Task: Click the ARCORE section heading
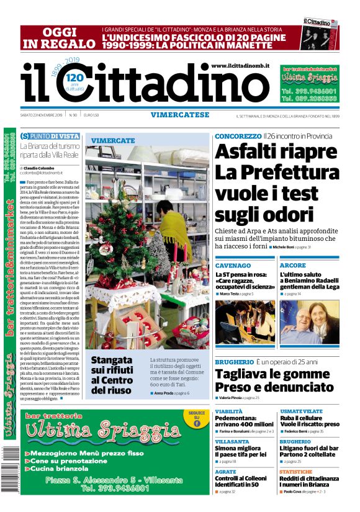click(x=293, y=265)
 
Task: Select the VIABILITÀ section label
click(x=229, y=411)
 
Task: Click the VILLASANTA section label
click(x=232, y=441)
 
